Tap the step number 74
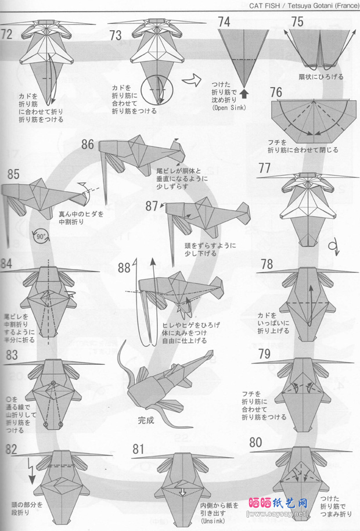click(x=224, y=22)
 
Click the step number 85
click(x=13, y=173)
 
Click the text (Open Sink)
click(x=229, y=107)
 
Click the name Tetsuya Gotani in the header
click(x=309, y=5)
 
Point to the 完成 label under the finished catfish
click(x=146, y=420)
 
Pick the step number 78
click(x=267, y=264)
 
